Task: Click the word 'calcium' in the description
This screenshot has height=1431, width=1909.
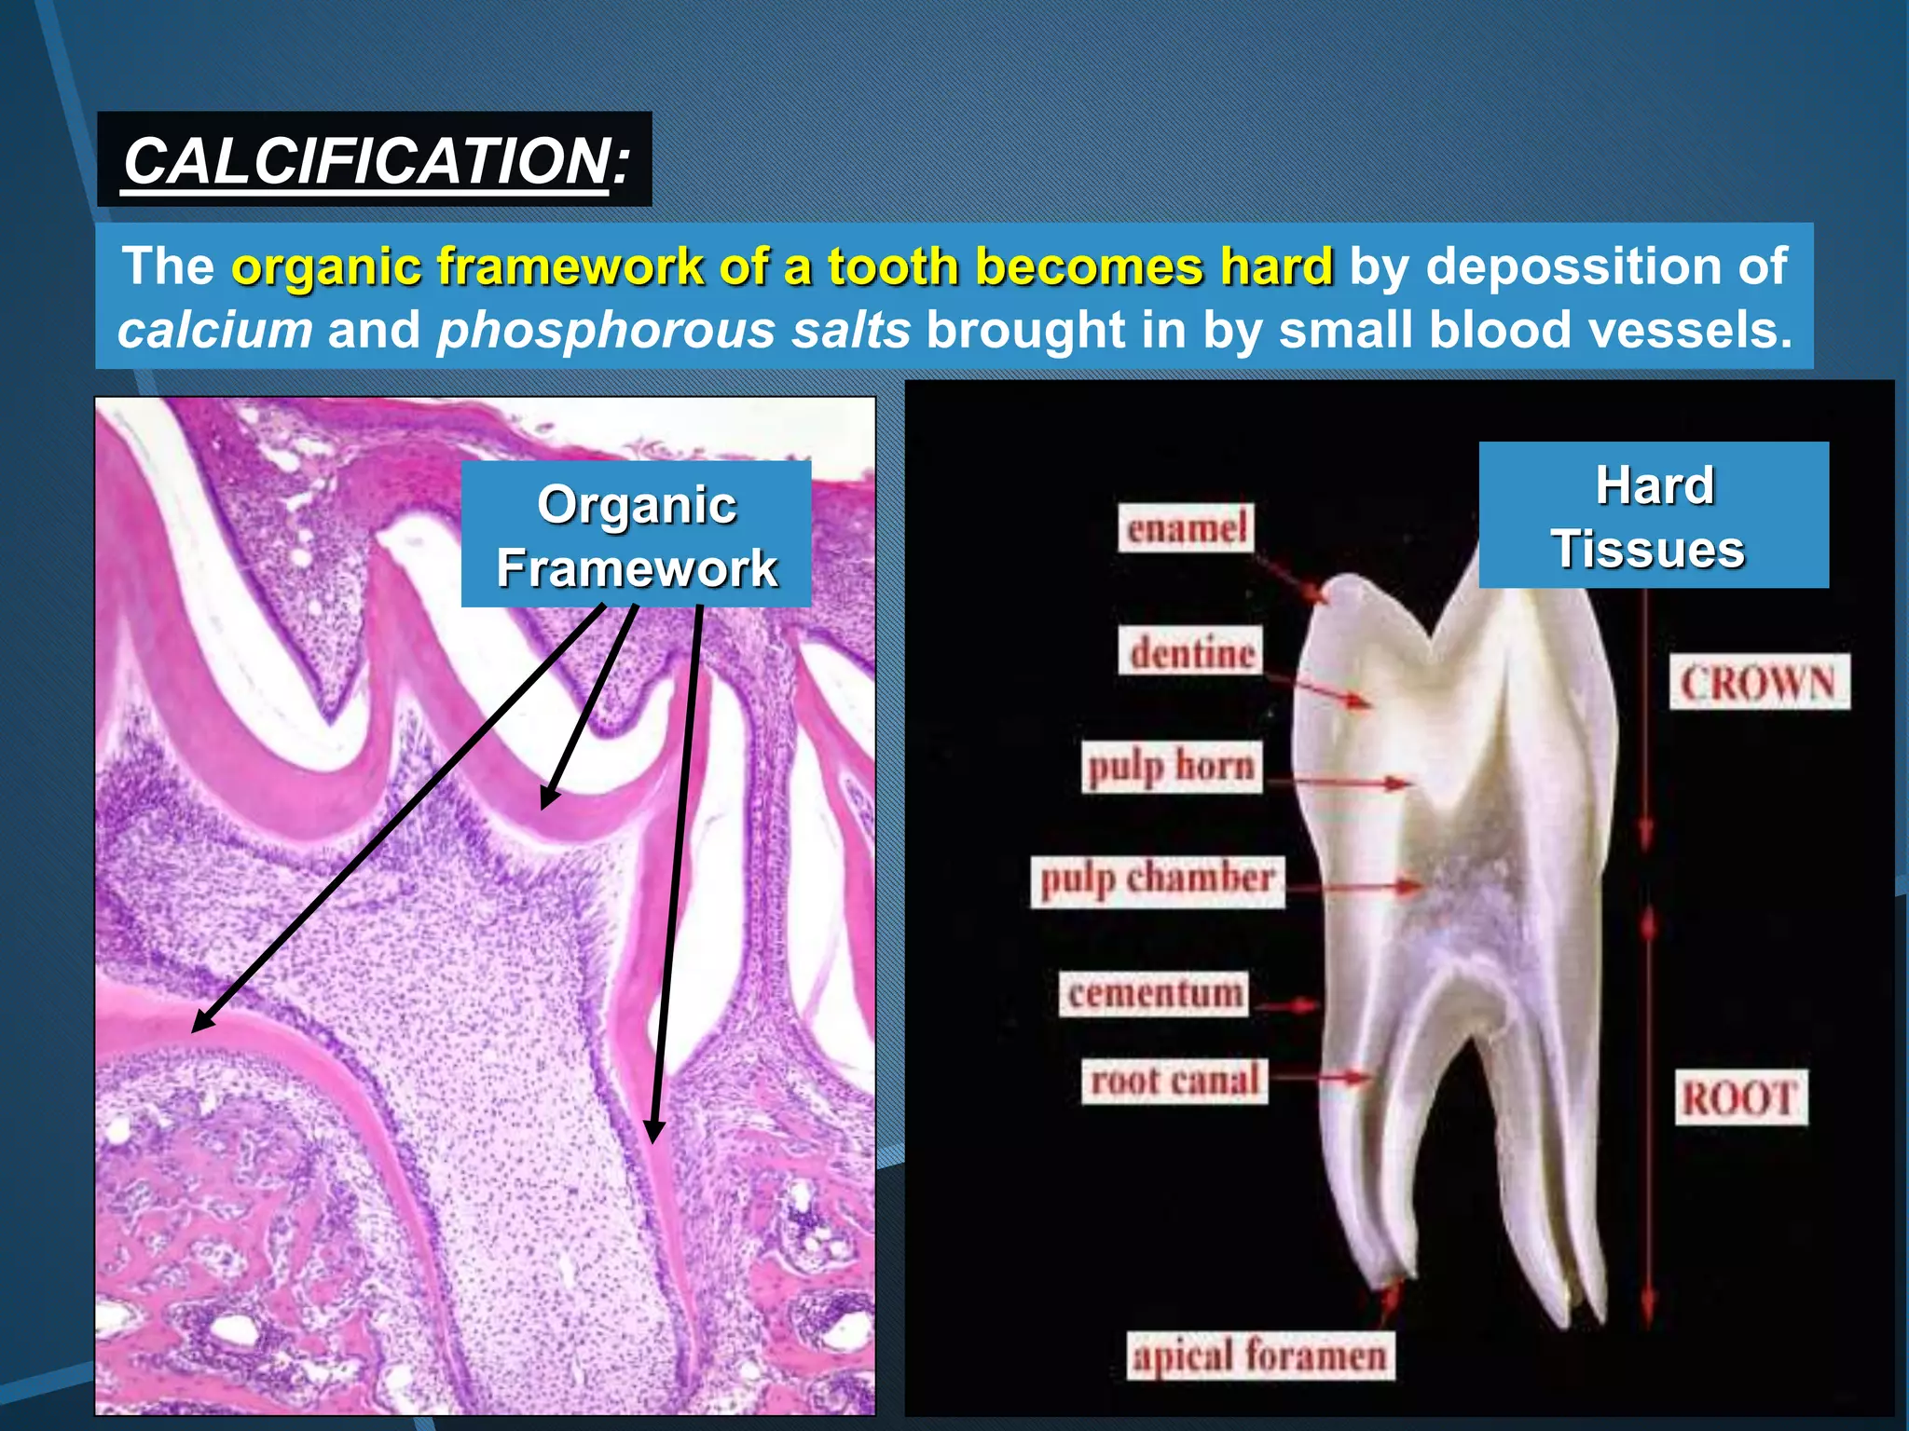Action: [214, 330]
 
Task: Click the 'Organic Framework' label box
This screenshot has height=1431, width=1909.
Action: [636, 534]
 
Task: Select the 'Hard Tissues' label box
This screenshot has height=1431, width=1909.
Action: [1653, 515]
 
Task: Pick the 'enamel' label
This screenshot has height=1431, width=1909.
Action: [1186, 528]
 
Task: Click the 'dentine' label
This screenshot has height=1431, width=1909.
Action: [1190, 651]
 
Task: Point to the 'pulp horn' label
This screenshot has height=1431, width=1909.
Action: [1172, 767]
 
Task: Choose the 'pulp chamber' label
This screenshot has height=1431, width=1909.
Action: [1157, 880]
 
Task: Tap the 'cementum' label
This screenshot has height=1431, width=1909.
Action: [1154, 993]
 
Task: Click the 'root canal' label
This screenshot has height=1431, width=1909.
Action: [1174, 1081]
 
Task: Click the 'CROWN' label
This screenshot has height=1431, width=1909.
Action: [1758, 683]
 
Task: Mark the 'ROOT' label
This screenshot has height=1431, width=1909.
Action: [1739, 1097]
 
